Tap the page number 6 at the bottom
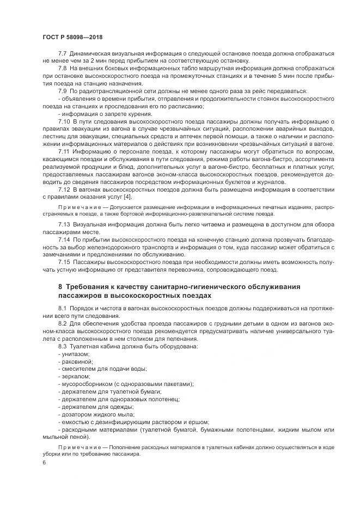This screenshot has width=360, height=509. pyautogui.click(x=44, y=462)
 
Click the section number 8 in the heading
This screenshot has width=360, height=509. pyautogui.click(x=60, y=287)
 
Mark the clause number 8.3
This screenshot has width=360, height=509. pyautogui.click(x=62, y=346)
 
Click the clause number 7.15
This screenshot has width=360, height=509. pyautogui.click(x=64, y=262)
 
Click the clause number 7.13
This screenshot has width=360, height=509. pyautogui.click(x=64, y=225)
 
